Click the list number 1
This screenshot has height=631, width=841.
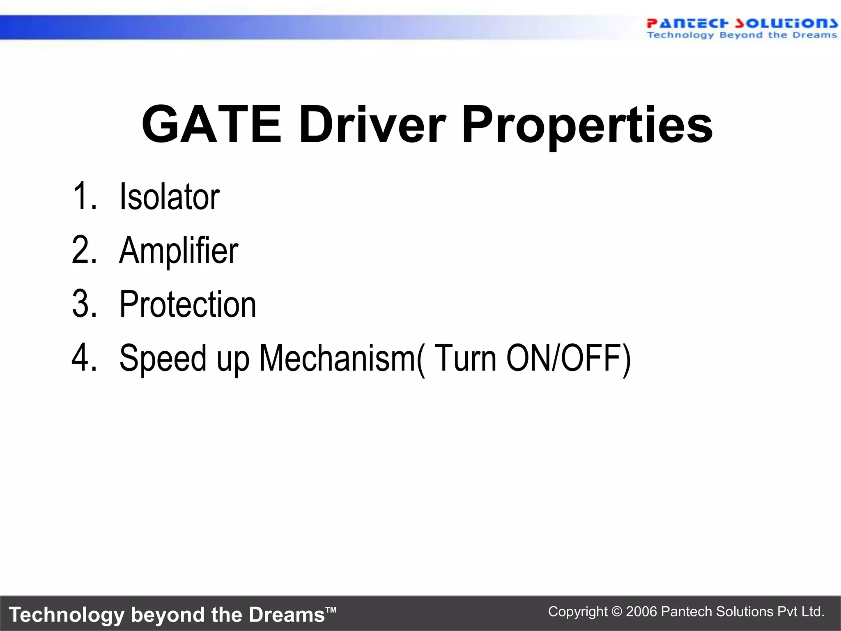(x=84, y=196)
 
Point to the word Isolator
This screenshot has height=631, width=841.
(x=169, y=197)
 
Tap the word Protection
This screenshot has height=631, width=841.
(x=188, y=304)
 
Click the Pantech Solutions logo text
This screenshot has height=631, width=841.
(x=742, y=23)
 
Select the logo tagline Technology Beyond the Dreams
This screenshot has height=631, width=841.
(x=742, y=35)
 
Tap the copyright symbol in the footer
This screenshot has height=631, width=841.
(x=617, y=612)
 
